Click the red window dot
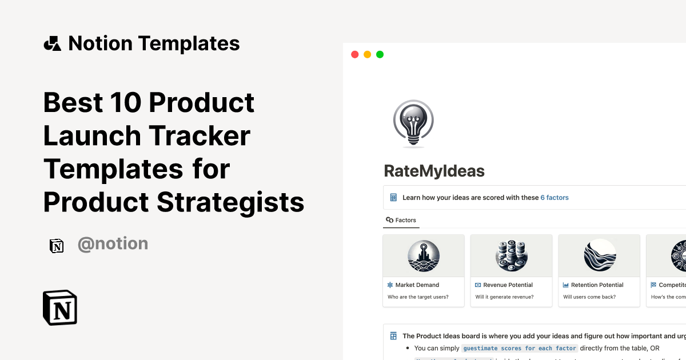[354, 54]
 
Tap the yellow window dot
[367, 54]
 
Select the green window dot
[380, 54]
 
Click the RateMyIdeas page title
[434, 170]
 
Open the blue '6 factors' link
[555, 198]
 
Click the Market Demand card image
[424, 255]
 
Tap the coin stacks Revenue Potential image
[511, 255]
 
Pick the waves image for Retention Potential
[599, 255]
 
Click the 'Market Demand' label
[417, 285]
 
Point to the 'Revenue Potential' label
[508, 285]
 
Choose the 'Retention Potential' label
[597, 285]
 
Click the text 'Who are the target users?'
[418, 297]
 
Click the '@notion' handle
[113, 244]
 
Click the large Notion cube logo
[60, 308]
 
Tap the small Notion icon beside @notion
[57, 245]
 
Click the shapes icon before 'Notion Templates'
[53, 43]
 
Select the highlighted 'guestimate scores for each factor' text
[520, 348]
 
